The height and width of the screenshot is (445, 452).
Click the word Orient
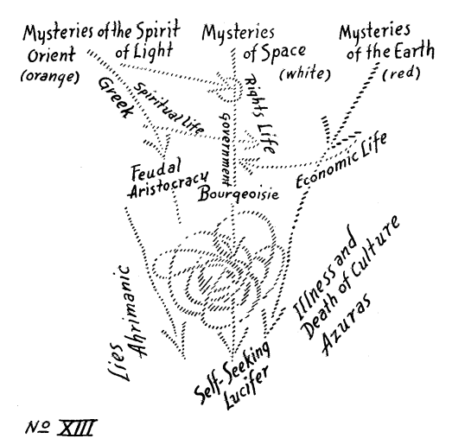(51, 55)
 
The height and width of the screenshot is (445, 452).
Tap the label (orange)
(50, 77)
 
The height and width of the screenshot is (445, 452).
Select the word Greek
(115, 98)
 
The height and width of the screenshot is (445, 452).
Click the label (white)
(305, 74)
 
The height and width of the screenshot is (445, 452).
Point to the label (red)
(401, 73)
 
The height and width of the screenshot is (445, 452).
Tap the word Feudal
(156, 168)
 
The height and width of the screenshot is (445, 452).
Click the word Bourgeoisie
(239, 194)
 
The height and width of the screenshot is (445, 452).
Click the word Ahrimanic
(134, 311)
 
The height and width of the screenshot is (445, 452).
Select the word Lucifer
(247, 387)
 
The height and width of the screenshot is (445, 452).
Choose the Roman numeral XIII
(75, 428)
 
